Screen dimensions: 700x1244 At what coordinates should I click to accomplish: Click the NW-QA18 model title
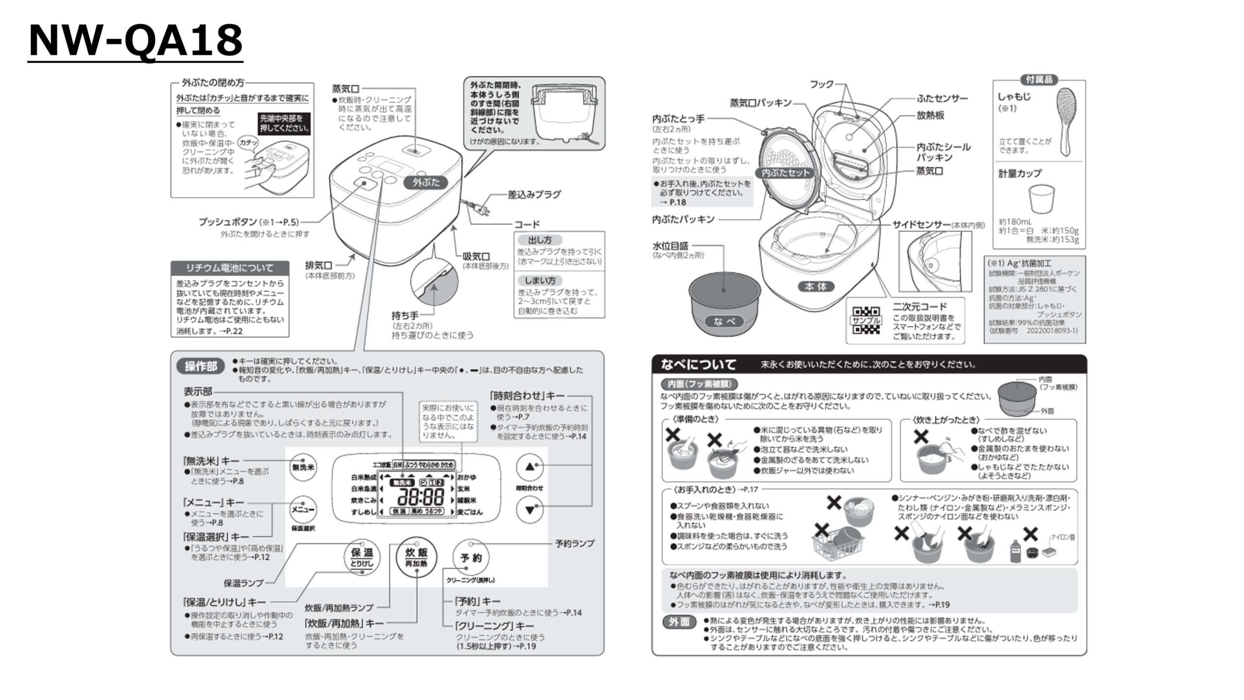(x=136, y=41)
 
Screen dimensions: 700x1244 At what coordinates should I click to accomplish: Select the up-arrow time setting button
(x=530, y=467)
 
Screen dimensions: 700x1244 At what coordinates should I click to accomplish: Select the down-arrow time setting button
(x=530, y=510)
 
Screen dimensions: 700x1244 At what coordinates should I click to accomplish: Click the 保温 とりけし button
(x=362, y=557)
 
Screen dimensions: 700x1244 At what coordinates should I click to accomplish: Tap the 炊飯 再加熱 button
(x=416, y=557)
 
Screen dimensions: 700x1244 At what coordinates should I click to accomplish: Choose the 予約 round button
(x=470, y=558)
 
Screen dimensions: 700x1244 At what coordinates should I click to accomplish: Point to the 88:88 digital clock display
(x=421, y=497)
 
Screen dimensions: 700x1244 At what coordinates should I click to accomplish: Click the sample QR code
(x=866, y=321)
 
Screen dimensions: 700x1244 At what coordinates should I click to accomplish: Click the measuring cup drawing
(x=1041, y=199)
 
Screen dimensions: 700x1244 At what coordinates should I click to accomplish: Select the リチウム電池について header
(x=230, y=268)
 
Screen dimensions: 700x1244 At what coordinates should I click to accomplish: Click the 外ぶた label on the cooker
(x=426, y=182)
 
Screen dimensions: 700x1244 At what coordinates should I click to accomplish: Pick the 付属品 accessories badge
(x=1039, y=80)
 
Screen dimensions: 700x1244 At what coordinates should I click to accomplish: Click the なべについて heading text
(x=699, y=364)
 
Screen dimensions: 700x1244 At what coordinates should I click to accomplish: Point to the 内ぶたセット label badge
(x=785, y=173)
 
